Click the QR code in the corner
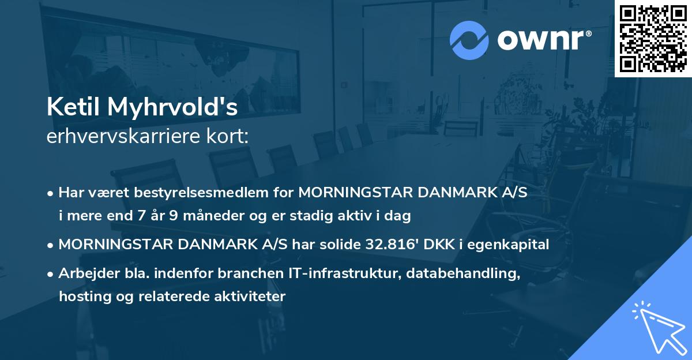coord(653,38)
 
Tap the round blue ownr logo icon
coord(469,40)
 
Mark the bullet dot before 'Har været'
coord(51,193)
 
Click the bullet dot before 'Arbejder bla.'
coord(51,274)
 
